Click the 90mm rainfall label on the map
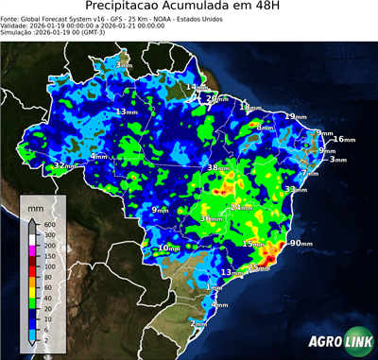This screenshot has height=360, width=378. (x=300, y=243)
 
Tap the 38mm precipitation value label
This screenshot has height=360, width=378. (x=218, y=167)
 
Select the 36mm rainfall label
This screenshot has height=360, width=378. (x=211, y=218)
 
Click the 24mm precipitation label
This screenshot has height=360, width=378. (x=241, y=206)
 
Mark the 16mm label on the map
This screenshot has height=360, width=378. (x=343, y=140)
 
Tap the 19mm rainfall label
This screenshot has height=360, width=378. (x=296, y=116)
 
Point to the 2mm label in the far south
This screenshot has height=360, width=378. (x=199, y=323)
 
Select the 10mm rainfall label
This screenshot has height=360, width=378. (x=167, y=249)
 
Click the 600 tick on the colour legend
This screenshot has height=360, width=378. (x=46, y=224)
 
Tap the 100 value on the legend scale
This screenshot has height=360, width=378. (x=46, y=256)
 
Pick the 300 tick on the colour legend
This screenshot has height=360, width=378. (x=46, y=234)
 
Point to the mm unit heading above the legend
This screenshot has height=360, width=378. (x=36, y=205)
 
